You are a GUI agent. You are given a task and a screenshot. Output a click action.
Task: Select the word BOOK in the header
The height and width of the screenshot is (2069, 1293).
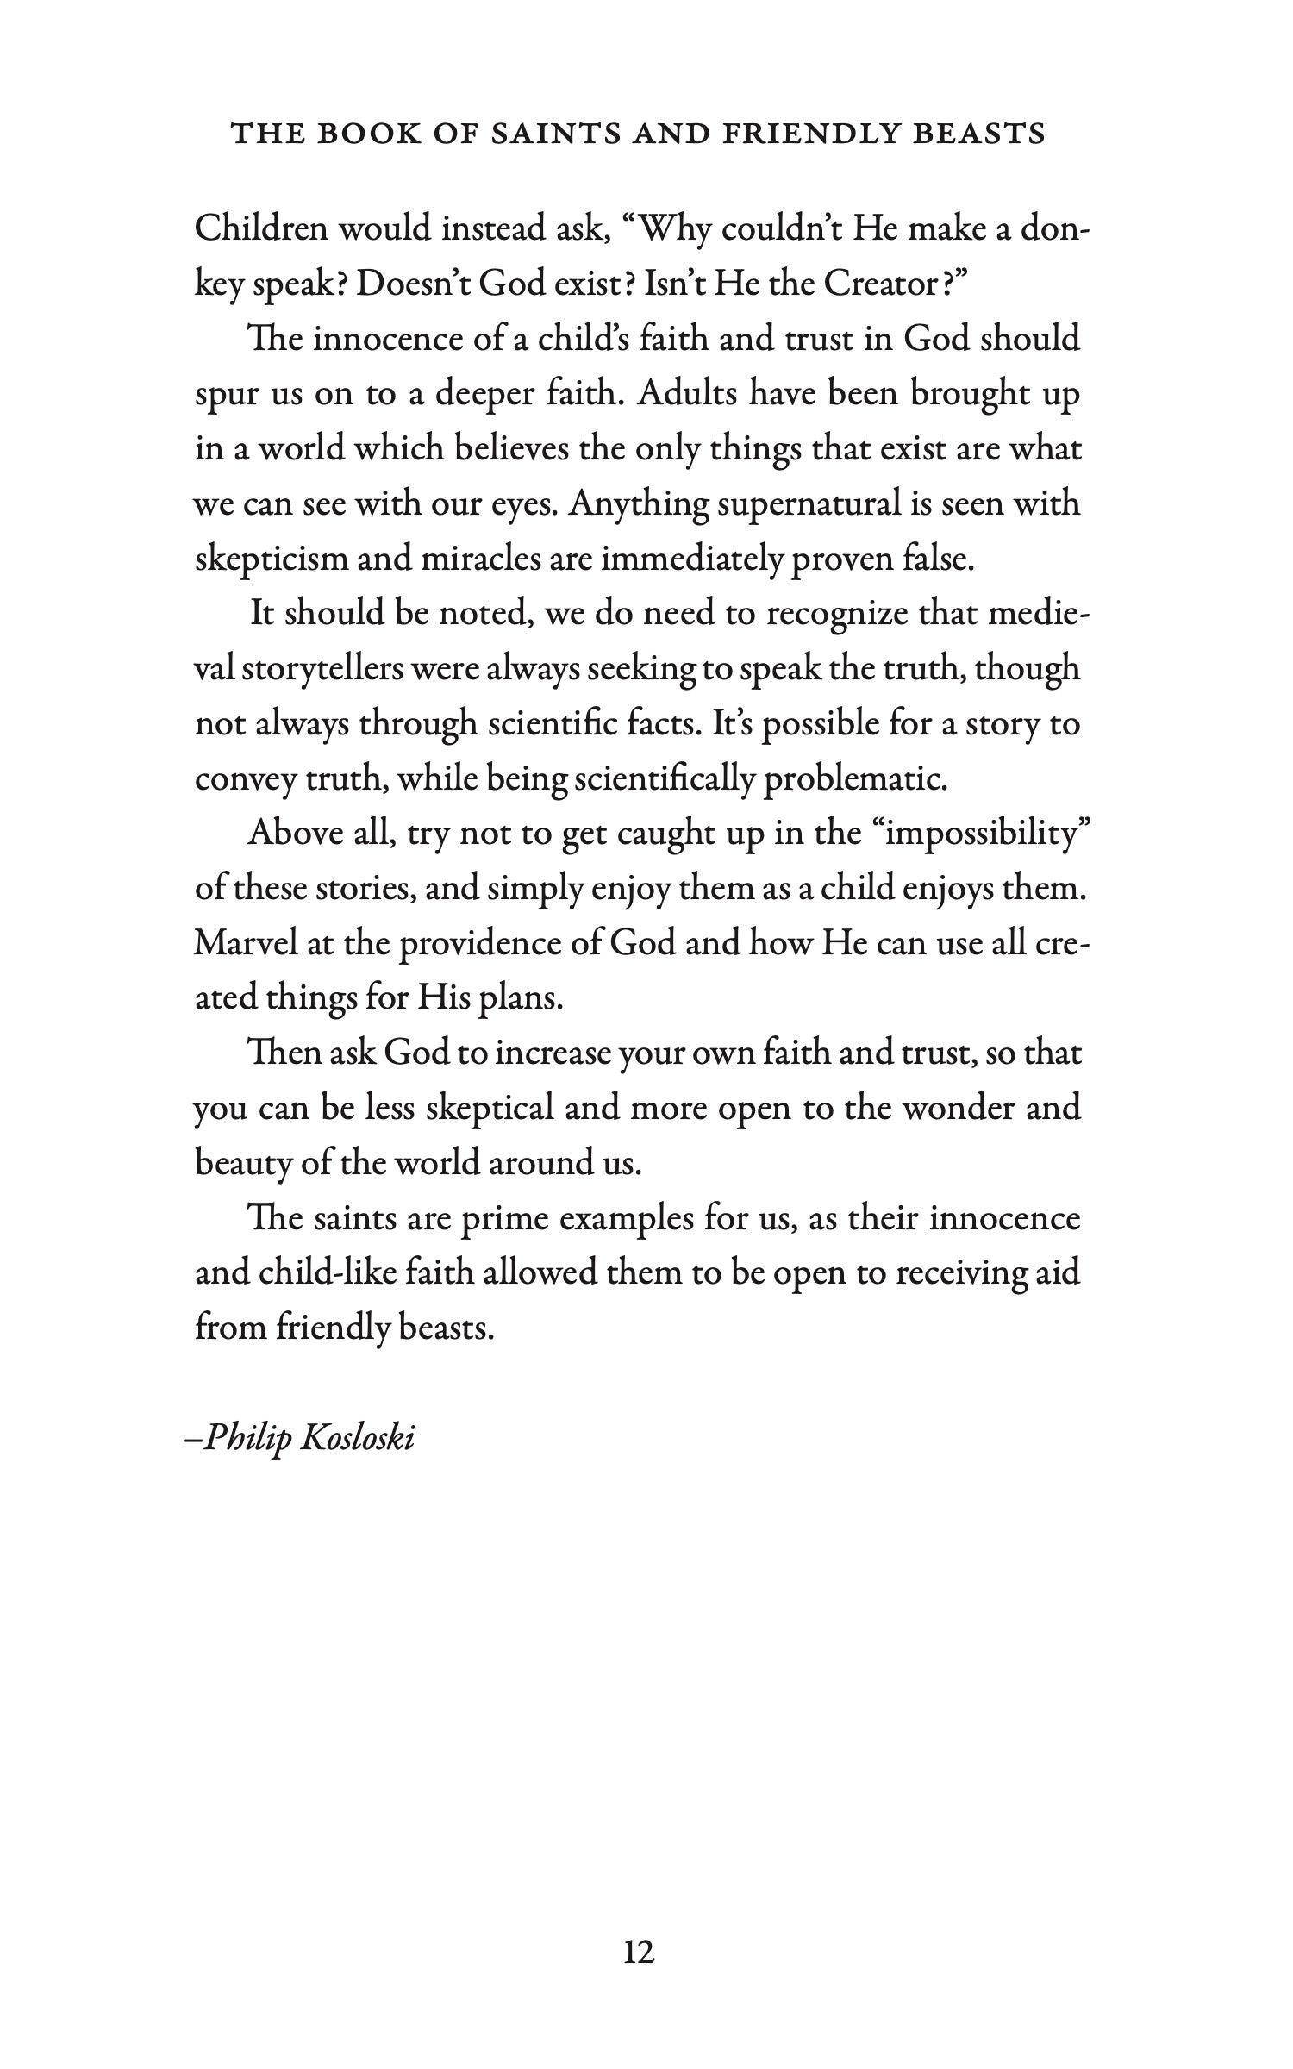pos(374,134)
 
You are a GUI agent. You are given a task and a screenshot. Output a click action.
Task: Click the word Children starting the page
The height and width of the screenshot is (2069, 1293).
pos(261,228)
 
